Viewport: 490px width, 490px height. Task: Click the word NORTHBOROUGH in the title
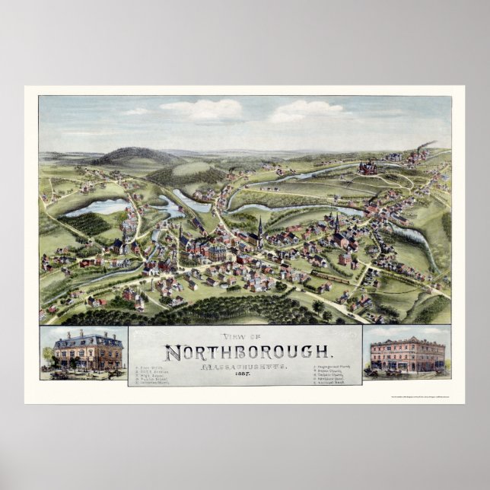point(249,352)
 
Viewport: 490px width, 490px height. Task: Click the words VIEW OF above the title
point(245,339)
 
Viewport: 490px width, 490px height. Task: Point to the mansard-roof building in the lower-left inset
point(87,351)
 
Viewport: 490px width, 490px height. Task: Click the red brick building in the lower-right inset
point(407,355)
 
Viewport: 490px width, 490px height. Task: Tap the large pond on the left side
point(96,207)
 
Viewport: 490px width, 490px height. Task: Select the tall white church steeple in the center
point(259,229)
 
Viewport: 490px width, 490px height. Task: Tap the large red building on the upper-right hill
point(368,167)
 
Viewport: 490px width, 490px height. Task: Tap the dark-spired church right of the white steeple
point(336,228)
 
